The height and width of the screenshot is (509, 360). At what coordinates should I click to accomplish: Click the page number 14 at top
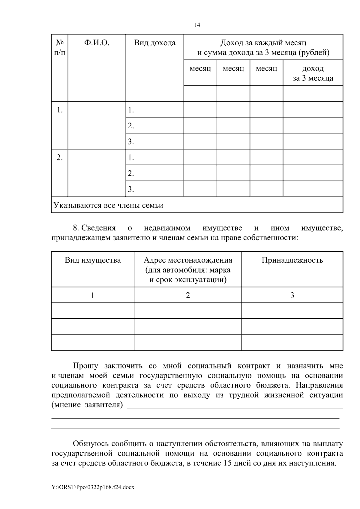pos(197,25)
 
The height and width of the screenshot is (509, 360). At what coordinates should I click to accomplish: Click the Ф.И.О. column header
pos(97,43)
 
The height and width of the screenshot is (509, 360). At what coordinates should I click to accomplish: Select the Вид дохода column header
pos(154,43)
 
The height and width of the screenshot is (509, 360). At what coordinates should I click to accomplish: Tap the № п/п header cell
pos(60,48)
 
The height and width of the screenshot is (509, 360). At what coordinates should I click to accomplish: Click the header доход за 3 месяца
pos(313,73)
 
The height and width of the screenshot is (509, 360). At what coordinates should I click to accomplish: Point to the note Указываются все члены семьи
pos(108,205)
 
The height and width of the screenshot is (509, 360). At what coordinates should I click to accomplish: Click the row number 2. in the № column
pos(60,158)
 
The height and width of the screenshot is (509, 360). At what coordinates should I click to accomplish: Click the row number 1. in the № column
pos(60,110)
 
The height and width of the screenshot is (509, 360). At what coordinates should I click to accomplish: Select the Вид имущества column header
pos(93,260)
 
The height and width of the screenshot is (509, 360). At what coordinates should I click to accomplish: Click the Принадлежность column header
pos(292,260)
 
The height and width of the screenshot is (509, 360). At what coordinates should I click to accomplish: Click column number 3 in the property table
pos(292,296)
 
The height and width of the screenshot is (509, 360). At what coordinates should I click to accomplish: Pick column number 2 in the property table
pos(188,296)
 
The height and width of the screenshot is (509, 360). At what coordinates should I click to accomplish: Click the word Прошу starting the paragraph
pos(85,366)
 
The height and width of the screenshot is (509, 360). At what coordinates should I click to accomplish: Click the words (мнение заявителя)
pos(87,405)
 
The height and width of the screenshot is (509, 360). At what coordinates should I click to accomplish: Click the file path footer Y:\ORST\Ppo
pos(93,487)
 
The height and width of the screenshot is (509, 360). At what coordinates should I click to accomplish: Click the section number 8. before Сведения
pos(76,228)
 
